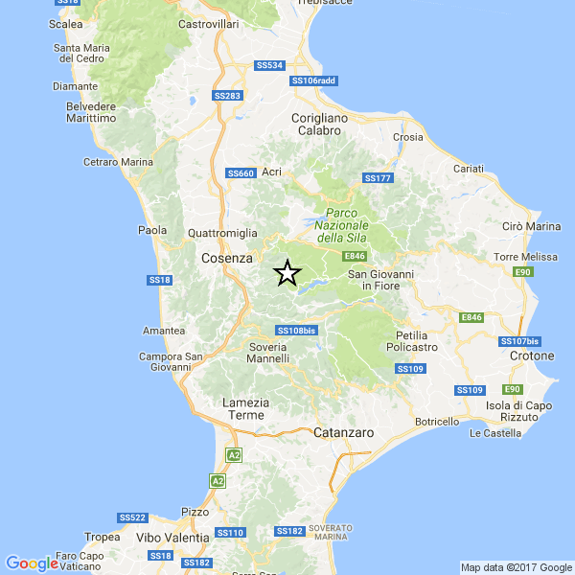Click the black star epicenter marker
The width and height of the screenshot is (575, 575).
click(287, 273)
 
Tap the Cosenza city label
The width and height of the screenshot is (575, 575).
click(227, 259)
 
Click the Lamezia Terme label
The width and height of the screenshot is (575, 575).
click(242, 408)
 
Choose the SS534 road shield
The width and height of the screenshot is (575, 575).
click(270, 66)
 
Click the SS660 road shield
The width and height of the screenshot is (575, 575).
click(241, 173)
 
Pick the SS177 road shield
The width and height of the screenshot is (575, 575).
click(379, 178)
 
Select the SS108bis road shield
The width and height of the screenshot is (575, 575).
click(295, 331)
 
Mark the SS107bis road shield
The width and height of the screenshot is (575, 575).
click(520, 341)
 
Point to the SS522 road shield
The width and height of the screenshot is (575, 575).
click(132, 517)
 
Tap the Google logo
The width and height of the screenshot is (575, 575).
click(31, 563)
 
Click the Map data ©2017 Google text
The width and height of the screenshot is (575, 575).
click(515, 566)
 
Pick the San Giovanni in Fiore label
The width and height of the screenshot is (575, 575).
click(379, 280)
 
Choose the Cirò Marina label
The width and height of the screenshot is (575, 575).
click(531, 226)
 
